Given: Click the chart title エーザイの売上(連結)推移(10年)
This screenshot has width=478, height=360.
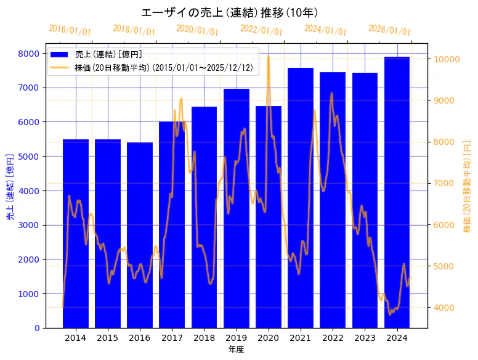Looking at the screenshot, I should tap(229, 12).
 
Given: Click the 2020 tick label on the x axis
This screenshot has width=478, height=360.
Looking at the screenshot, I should tap(269, 337).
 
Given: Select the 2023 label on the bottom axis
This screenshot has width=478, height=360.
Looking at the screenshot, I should tap(365, 337).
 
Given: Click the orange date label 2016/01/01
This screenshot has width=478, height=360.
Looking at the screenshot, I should tap(70, 30).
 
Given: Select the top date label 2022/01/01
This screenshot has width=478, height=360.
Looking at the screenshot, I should tap(262, 30).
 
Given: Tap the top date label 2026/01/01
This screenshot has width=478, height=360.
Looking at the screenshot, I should tap(390, 30).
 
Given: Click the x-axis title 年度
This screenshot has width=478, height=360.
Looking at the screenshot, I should tap(236, 350).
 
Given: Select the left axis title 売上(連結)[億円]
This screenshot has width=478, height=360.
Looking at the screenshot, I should tap(10, 187).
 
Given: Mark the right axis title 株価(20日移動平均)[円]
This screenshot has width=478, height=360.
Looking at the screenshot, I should tap(467, 185).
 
